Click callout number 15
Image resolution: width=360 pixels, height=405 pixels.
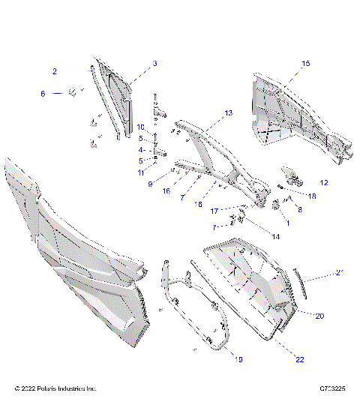(305, 64)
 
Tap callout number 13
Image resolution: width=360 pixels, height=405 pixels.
(229, 112)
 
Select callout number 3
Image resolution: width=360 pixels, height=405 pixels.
(154, 64)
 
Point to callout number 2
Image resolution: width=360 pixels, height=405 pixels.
(55, 71)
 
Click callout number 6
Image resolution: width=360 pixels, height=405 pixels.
(43, 93)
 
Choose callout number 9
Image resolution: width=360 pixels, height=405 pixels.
(150, 183)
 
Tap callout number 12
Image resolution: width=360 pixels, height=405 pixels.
(323, 182)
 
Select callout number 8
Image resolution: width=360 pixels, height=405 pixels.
(301, 211)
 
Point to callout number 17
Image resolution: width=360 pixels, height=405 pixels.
(214, 210)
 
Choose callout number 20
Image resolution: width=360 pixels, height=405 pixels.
(319, 316)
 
